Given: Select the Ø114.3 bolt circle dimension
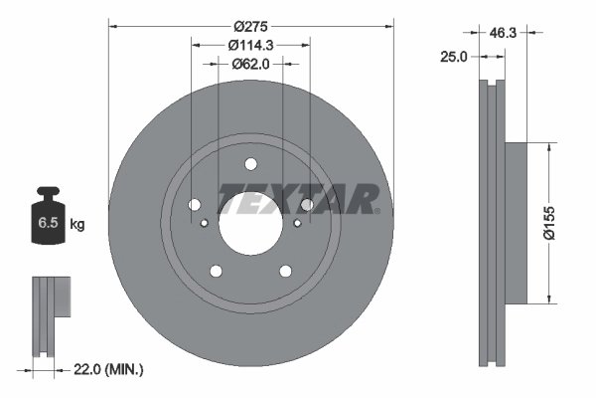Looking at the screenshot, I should pyautogui.click(x=250, y=44).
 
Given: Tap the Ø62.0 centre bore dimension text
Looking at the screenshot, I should pyautogui.click(x=250, y=64).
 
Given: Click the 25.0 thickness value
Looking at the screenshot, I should pyautogui.click(x=453, y=58).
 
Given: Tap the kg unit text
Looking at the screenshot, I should pyautogui.click(x=77, y=225).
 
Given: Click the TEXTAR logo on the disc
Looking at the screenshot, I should pyautogui.click(x=298, y=199).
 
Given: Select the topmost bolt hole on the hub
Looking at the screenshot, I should pyautogui.click(x=250, y=164).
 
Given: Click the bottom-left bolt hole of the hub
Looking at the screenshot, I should pyautogui.click(x=216, y=271).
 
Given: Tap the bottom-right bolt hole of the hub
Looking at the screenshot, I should pyautogui.click(x=285, y=271).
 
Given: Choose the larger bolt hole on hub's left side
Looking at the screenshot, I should pyautogui.click(x=195, y=205).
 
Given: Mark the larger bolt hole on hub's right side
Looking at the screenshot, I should pyautogui.click(x=307, y=205).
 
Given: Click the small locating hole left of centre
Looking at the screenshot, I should pyautogui.click(x=205, y=223).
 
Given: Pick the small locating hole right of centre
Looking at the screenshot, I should pyautogui.click(x=297, y=223).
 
